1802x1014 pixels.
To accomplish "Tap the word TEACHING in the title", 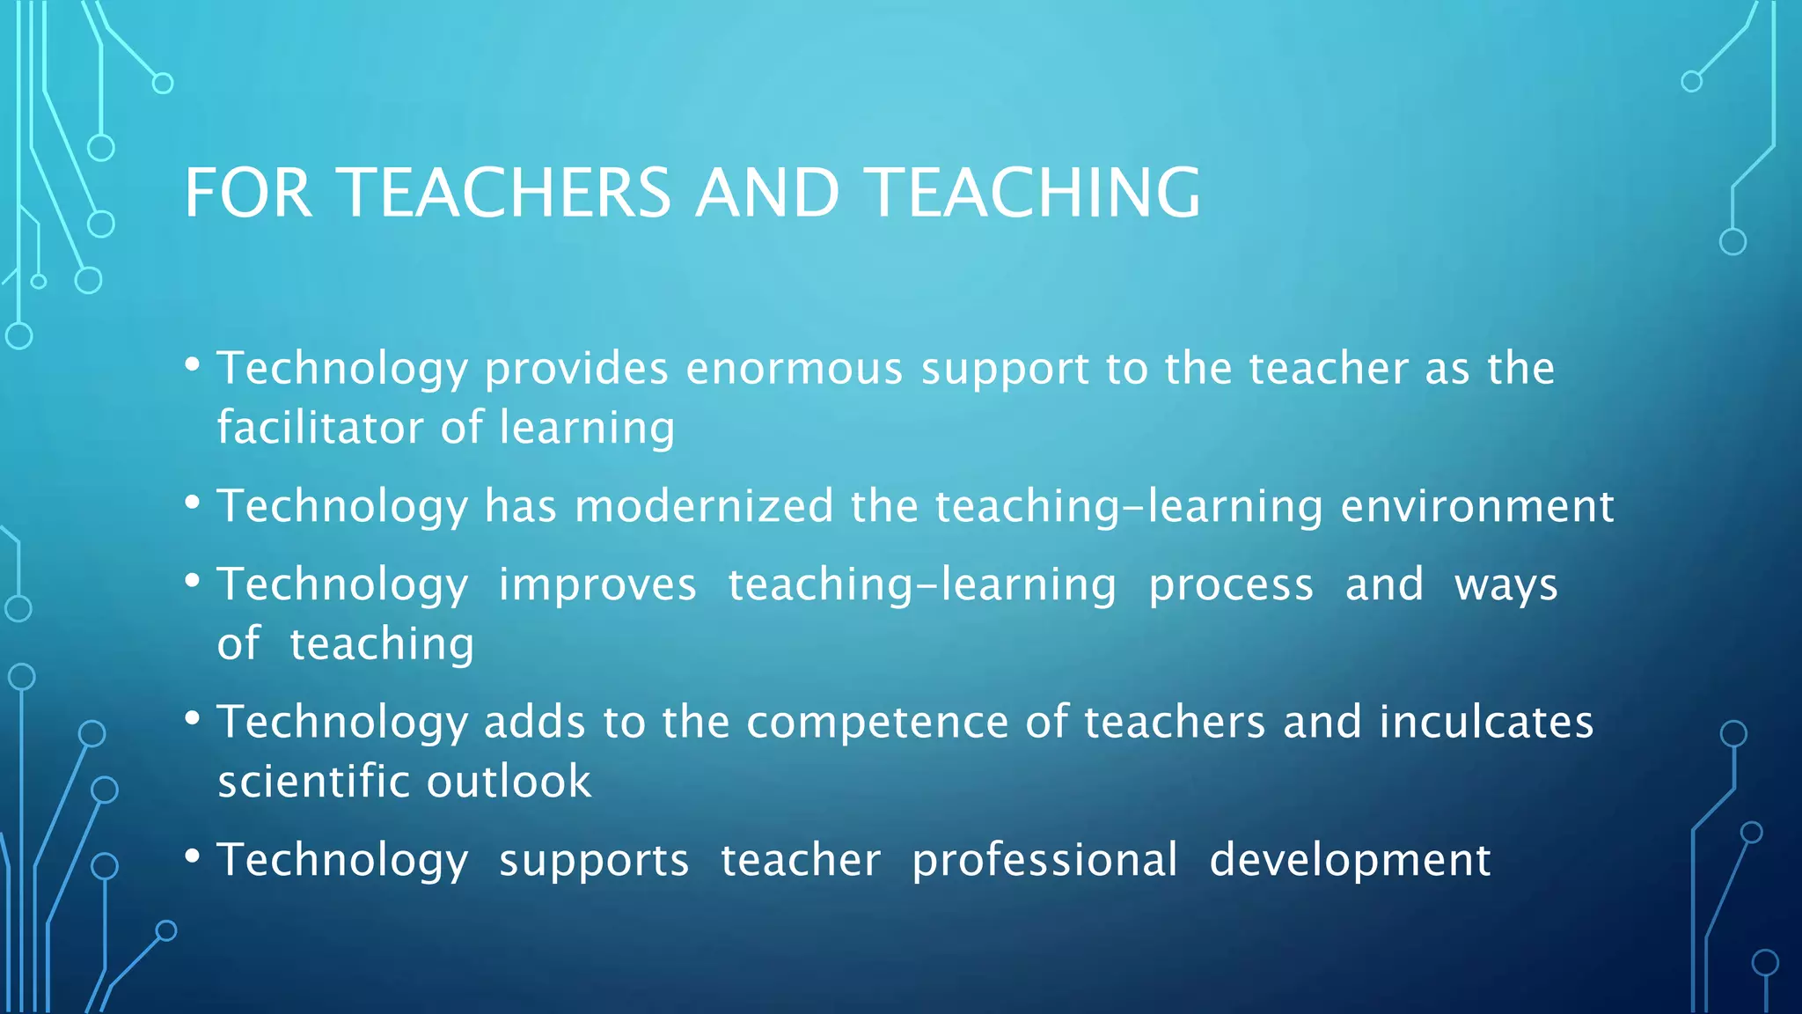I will (1031, 193).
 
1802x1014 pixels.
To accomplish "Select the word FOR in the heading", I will (248, 193).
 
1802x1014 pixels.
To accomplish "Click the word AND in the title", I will (767, 193).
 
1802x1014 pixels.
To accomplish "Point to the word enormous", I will (795, 368).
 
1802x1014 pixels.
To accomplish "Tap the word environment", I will (1477, 506).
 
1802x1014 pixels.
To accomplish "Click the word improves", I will (597, 585).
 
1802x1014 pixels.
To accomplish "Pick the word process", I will (1231, 585).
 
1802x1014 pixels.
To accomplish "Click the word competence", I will (877, 722).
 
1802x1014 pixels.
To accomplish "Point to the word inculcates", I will (1486, 722).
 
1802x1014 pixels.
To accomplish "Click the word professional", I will (1044, 860).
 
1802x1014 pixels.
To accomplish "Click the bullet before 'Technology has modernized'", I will (193, 503).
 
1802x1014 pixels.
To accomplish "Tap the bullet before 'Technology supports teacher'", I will (193, 856).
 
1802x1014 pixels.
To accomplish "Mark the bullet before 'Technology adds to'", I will (193, 719).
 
